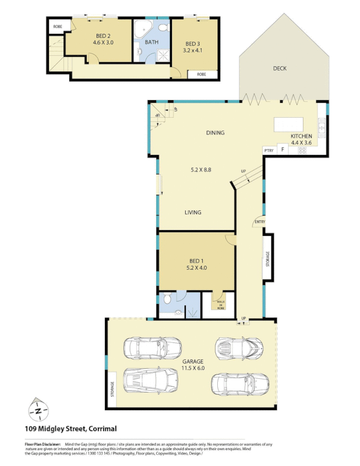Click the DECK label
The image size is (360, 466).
[280, 69]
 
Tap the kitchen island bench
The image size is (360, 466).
[289, 124]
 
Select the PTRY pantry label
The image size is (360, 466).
[269, 150]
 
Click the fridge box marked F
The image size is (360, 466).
[283, 150]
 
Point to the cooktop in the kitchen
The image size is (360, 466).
[302, 150]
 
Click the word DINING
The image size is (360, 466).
[215, 133]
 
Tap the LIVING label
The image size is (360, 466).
[193, 213]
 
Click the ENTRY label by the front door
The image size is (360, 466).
[260, 221]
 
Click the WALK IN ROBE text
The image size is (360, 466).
[221, 303]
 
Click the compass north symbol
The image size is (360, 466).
[38, 411]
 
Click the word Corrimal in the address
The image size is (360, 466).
[103, 429]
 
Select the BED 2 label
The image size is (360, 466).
[102, 38]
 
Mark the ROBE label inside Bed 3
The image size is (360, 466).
[202, 75]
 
